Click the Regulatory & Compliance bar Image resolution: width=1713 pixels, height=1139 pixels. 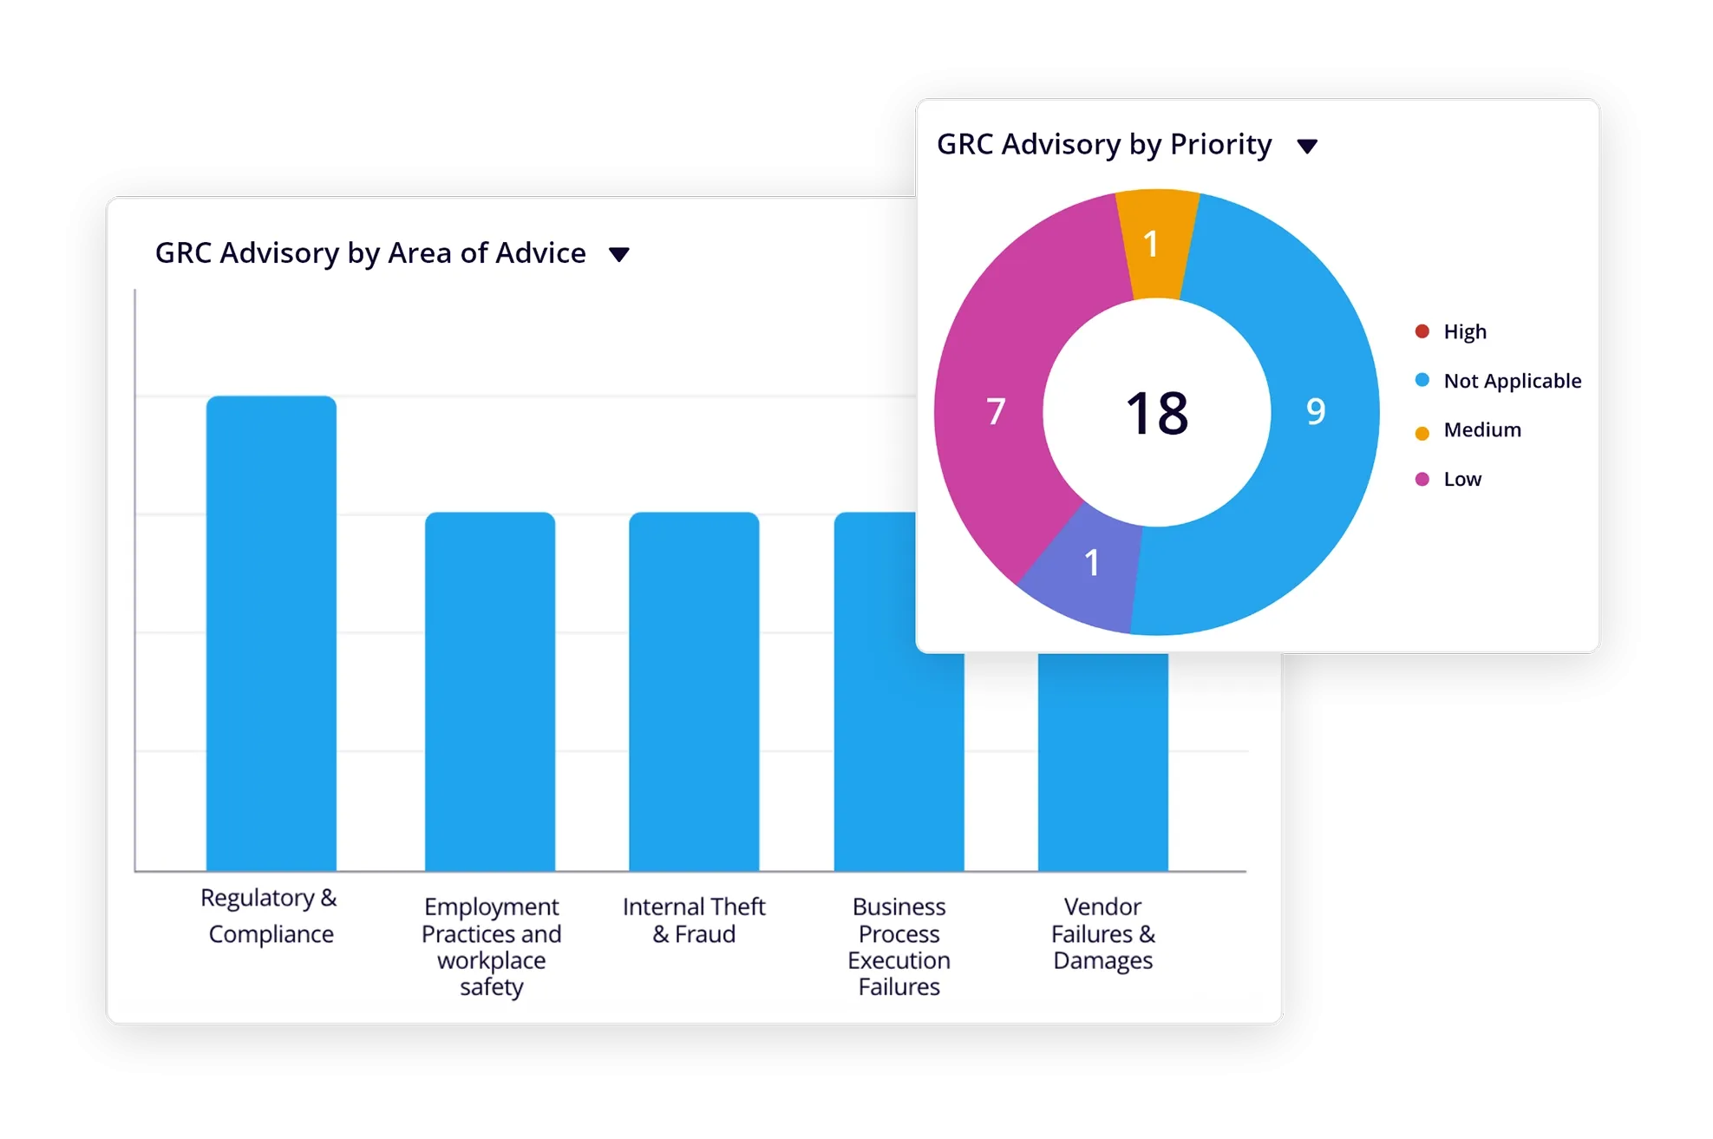click(x=271, y=633)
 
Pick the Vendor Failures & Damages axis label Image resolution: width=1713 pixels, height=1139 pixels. click(x=1102, y=933)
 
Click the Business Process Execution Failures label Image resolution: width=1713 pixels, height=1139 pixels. click(x=899, y=946)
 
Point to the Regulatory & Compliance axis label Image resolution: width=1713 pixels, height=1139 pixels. click(x=270, y=915)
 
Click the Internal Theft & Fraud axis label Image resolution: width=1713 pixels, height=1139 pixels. click(x=694, y=920)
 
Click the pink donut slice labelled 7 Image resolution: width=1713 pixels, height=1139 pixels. click(x=997, y=411)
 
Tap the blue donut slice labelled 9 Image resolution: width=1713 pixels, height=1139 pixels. click(x=1316, y=411)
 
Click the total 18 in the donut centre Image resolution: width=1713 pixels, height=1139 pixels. click(x=1157, y=413)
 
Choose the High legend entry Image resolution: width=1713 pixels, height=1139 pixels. click(x=1464, y=331)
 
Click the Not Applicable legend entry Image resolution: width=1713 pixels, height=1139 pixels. click(x=1512, y=381)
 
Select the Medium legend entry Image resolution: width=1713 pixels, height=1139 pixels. click(x=1481, y=430)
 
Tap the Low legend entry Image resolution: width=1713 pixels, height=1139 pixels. click(x=1461, y=480)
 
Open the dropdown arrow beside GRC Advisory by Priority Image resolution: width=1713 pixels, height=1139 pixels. click(x=1307, y=146)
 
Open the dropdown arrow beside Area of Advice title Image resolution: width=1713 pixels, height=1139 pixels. click(x=618, y=254)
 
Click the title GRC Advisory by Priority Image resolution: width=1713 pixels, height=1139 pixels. click(x=1104, y=144)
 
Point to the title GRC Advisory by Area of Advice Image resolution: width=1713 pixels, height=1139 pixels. click(x=370, y=253)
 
